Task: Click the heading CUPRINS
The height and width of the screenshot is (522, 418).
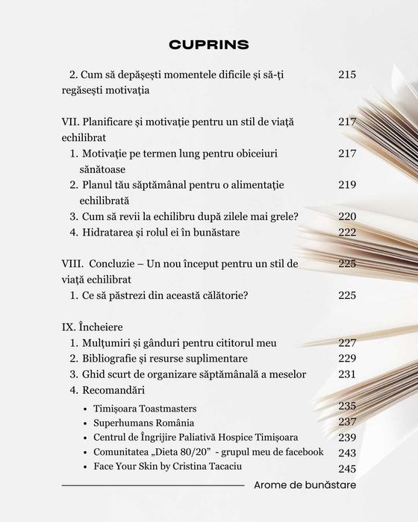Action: (209, 44)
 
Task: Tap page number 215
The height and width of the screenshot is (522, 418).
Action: (347, 75)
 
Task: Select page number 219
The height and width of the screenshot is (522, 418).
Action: (347, 184)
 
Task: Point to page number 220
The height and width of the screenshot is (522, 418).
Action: (347, 216)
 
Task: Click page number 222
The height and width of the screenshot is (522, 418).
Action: (347, 233)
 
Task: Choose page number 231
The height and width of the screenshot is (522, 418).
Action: (347, 374)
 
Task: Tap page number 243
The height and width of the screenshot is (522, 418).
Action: (347, 453)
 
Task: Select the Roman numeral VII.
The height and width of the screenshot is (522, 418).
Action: (69, 122)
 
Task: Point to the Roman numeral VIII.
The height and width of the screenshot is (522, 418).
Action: (72, 264)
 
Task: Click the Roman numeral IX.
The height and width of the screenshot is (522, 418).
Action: (67, 327)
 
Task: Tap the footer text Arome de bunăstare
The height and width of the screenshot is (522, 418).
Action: (305, 485)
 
